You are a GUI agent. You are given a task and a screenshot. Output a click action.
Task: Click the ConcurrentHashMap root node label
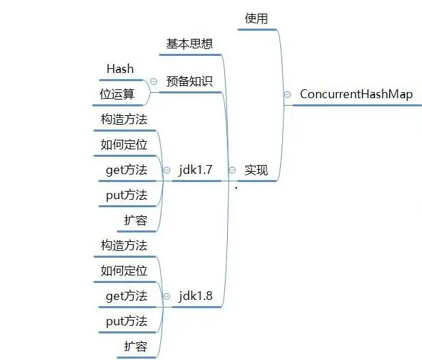[356, 95]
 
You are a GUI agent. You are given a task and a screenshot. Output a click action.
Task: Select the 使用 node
[256, 18]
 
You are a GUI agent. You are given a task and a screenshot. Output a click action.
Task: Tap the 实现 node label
[256, 170]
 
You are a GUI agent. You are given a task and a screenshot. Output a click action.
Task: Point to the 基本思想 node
[190, 44]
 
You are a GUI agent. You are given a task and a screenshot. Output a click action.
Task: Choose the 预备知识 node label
[190, 81]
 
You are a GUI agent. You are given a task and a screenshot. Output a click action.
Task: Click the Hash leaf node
[120, 69]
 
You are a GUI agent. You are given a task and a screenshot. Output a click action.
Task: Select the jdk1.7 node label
[196, 170]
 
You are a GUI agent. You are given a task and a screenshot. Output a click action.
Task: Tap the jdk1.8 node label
[196, 296]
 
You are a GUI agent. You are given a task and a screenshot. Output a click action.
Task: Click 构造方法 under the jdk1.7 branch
[124, 119]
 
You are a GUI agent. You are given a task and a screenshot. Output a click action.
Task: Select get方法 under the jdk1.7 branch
[127, 170]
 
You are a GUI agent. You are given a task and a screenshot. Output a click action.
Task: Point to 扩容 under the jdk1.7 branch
[136, 220]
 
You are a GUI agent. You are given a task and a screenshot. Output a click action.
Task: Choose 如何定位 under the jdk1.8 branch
[124, 271]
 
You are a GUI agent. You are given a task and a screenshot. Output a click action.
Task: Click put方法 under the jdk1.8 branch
[127, 321]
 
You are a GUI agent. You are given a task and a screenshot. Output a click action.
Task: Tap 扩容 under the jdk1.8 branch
[136, 346]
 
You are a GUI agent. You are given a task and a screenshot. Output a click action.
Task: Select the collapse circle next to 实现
[232, 170]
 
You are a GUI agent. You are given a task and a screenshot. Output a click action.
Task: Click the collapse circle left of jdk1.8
[166, 297]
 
